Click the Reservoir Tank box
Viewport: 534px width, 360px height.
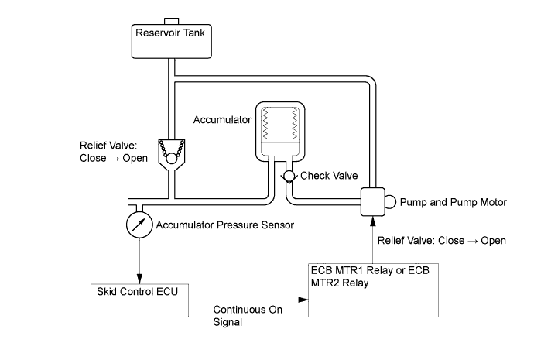point(172,40)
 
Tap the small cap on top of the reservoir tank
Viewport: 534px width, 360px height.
point(172,19)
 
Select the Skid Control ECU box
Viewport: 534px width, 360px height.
point(139,299)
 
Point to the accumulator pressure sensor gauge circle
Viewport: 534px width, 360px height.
point(139,225)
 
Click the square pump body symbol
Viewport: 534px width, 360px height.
point(375,201)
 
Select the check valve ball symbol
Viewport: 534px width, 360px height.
point(289,177)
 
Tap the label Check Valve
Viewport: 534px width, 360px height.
point(329,176)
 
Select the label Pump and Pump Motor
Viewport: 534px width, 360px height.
point(454,202)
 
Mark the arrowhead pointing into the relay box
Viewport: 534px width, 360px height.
point(303,299)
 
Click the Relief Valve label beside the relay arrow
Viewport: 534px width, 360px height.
point(442,241)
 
